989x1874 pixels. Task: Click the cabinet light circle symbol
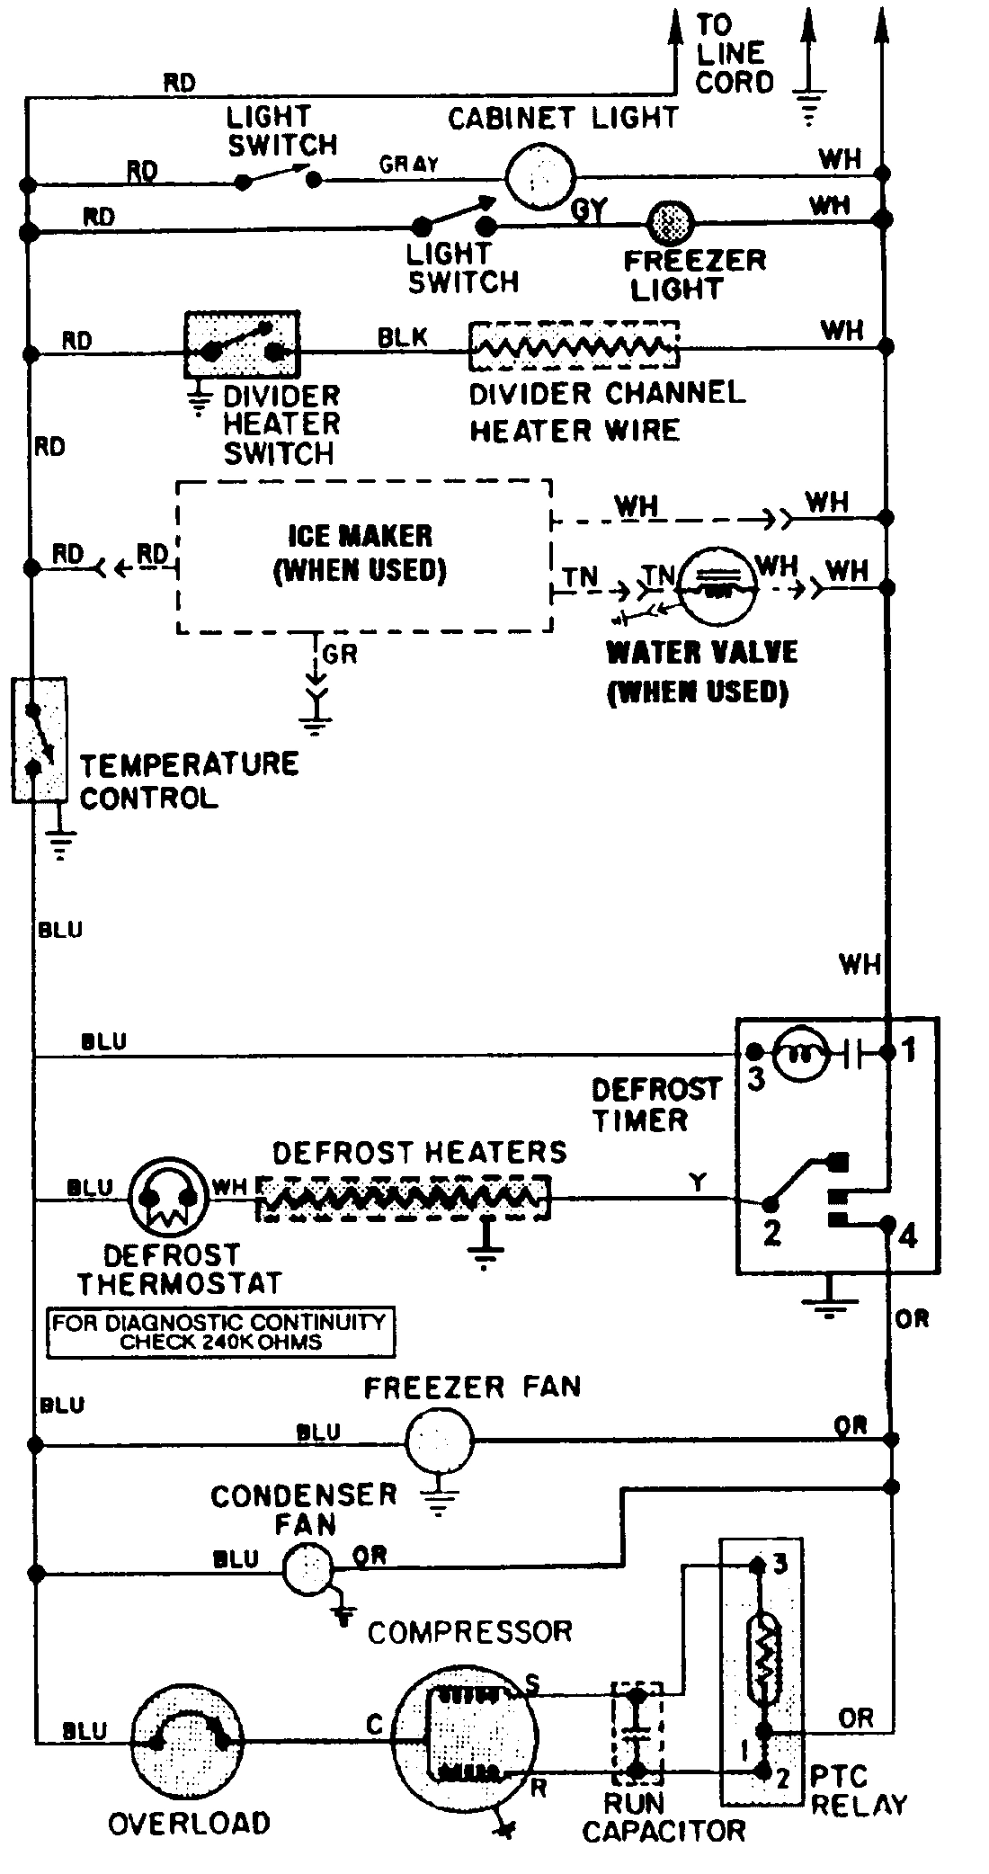tap(539, 177)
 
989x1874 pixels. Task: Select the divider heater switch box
tap(242, 344)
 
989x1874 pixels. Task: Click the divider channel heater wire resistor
tap(573, 346)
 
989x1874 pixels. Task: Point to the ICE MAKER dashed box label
tap(360, 553)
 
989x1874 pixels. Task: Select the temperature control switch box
tap(39, 739)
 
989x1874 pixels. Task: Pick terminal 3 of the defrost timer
tap(754, 1052)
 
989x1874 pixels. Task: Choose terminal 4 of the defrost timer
tap(889, 1223)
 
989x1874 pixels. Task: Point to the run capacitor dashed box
tap(637, 1735)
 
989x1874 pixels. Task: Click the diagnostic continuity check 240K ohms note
tap(219, 1333)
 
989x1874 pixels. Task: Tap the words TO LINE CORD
tap(733, 54)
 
